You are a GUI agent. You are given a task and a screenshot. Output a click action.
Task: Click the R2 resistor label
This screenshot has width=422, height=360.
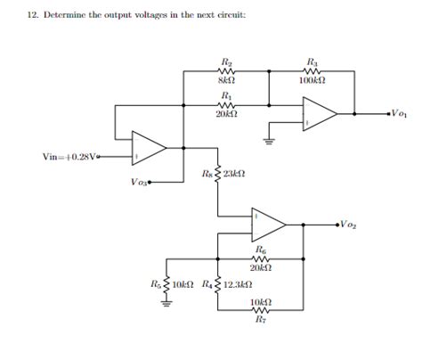click(x=226, y=62)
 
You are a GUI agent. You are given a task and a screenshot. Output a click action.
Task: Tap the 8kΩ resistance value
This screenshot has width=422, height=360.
click(x=226, y=81)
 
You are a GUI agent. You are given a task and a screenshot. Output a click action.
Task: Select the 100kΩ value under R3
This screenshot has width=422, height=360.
click(x=313, y=81)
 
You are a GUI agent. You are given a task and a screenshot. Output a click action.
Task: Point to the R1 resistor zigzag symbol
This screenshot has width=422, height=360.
click(x=226, y=104)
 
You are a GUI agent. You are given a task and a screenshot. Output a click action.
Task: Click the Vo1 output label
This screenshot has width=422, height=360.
click(x=399, y=114)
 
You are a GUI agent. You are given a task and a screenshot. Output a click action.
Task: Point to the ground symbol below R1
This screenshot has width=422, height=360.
click(x=268, y=137)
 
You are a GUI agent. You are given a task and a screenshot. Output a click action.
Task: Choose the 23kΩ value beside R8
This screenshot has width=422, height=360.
click(x=234, y=173)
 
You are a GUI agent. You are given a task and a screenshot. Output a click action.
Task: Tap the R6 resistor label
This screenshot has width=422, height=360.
click(x=260, y=251)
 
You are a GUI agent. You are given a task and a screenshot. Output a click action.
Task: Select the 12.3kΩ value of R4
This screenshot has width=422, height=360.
click(x=234, y=284)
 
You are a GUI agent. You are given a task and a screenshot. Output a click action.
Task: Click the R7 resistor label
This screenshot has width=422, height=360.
click(x=261, y=318)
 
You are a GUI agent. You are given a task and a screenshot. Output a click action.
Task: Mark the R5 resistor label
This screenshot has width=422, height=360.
click(x=156, y=284)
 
